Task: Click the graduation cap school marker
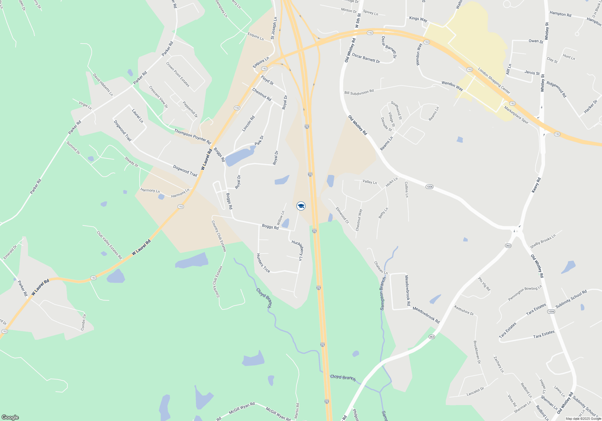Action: pyautogui.click(x=301, y=206)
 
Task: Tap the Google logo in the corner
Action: pyautogui.click(x=10, y=417)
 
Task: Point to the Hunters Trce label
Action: pyautogui.click(x=263, y=263)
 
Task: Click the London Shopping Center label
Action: pyautogui.click(x=494, y=81)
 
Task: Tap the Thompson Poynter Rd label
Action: pyautogui.click(x=193, y=136)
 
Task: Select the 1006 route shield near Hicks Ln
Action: pyautogui.click(x=429, y=187)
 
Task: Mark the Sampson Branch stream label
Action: pyautogui.click(x=383, y=293)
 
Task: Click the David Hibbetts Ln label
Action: pyautogui.click(x=103, y=85)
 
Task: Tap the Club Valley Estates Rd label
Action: pyautogui.click(x=109, y=245)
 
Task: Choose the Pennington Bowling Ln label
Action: pyautogui.click(x=525, y=293)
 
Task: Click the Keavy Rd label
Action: pyautogui.click(x=536, y=185)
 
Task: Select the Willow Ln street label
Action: pyautogui.click(x=281, y=218)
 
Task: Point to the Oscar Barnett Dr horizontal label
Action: pyautogui.click(x=366, y=58)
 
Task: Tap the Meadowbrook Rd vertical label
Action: pyautogui.click(x=407, y=290)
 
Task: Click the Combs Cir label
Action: pyautogui.click(x=83, y=322)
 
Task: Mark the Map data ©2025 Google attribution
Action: pyautogui.click(x=583, y=419)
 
